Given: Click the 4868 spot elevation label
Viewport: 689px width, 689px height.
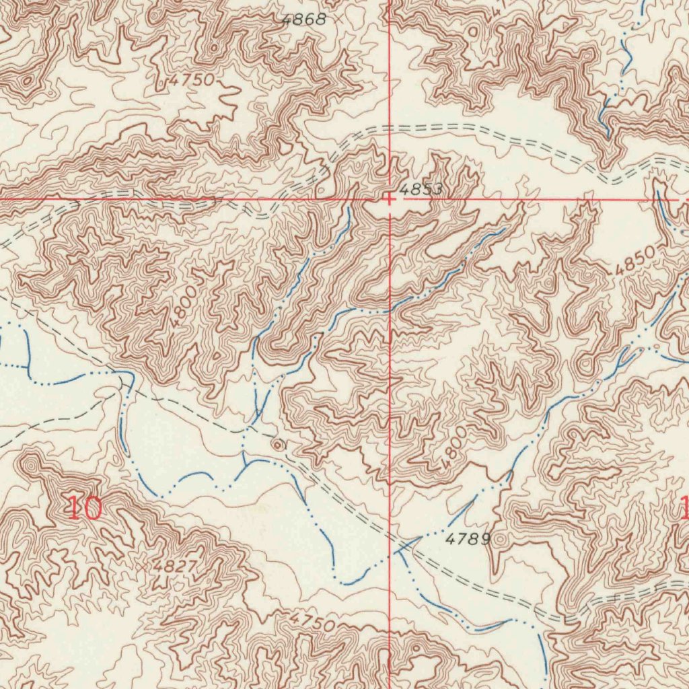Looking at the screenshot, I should click(x=303, y=20).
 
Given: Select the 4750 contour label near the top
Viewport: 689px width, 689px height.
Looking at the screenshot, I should click(x=191, y=81).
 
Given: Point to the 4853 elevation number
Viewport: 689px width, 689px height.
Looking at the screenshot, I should click(x=420, y=190).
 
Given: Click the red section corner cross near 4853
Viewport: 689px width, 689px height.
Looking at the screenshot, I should click(x=390, y=198).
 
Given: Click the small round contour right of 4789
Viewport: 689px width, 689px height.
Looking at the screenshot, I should click(x=501, y=539).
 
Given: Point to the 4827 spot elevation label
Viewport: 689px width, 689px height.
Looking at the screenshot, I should click(x=174, y=566).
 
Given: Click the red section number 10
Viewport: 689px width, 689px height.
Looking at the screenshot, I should click(x=85, y=509).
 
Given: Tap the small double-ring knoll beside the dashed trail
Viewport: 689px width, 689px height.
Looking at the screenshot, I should click(x=277, y=444).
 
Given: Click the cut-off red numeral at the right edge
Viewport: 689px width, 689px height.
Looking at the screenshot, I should click(x=684, y=508).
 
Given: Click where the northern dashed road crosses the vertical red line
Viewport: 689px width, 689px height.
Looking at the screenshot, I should click(x=390, y=126).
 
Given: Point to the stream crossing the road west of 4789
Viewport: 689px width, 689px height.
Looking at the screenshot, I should click(x=402, y=546).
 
